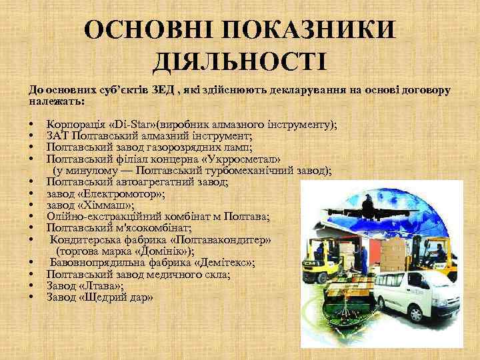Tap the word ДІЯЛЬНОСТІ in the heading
click(239, 63)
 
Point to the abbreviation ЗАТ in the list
click(58, 136)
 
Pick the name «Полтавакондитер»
click(217, 239)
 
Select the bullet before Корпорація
click(31, 125)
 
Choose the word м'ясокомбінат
click(137, 228)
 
